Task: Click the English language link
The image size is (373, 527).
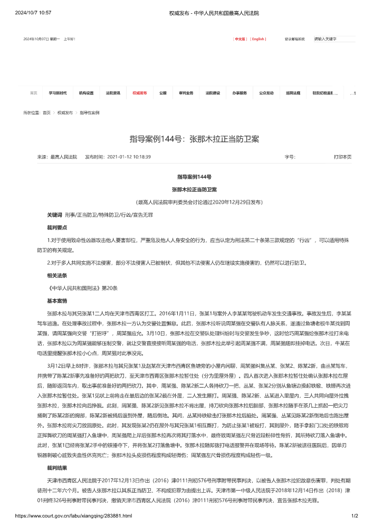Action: pos(258,39)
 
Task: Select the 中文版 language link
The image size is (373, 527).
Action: pos(240,39)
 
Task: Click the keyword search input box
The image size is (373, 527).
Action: pos(333,39)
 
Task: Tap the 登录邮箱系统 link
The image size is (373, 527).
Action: pos(295,39)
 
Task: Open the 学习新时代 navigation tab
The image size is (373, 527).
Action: pos(58,93)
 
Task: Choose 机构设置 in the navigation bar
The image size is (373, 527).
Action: pos(87,93)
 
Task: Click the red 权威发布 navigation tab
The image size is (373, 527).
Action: pos(140,93)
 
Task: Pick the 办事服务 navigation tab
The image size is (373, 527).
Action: pos(240,93)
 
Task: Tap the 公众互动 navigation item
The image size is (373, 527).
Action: pos(266,93)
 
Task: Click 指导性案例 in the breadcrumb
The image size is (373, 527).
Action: pos(90,113)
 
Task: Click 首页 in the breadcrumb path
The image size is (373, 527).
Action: pos(47,113)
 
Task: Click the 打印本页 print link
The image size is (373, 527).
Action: pos(342,157)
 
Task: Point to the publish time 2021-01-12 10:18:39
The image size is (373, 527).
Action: pos(129,157)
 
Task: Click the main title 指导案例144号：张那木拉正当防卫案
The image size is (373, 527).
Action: pos(194,139)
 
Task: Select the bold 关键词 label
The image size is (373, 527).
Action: pos(54,215)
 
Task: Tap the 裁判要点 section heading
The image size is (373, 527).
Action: pos(56,227)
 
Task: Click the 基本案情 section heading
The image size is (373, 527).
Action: pos(56,301)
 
